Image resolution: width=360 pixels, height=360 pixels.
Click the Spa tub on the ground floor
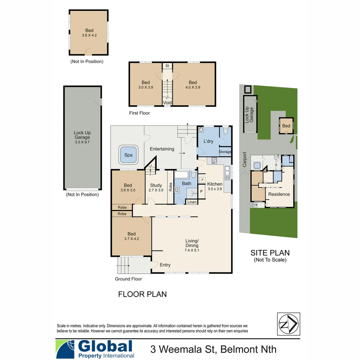tap(128, 155)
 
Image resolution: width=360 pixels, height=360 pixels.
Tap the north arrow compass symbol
tap(288, 324)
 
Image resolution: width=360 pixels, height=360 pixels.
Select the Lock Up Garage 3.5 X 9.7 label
tap(82, 137)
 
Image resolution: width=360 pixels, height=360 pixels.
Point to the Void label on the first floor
tap(167, 103)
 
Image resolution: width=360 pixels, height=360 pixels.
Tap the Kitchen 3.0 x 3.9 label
tap(215, 186)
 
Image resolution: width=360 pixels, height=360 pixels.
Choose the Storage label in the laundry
tap(225, 152)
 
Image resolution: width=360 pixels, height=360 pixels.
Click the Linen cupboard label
tap(192, 202)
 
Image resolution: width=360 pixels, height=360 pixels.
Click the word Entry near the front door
tap(165, 265)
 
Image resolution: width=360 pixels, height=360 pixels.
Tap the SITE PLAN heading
tap(270, 253)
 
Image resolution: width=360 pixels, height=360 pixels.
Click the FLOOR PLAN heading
tap(142, 294)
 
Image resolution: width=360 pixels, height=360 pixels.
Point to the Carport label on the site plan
tap(244, 160)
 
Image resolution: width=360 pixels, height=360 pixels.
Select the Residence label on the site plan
tap(279, 194)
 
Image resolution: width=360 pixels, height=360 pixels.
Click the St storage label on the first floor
tap(167, 66)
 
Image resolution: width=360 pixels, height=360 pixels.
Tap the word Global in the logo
tap(105, 346)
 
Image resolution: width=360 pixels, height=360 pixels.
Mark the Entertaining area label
tap(162, 149)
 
